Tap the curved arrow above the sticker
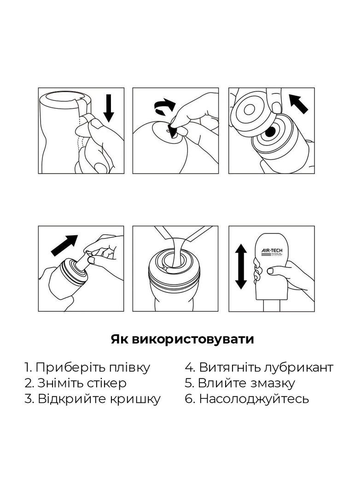coord(164,109)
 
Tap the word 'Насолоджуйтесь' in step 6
coord(254,399)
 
